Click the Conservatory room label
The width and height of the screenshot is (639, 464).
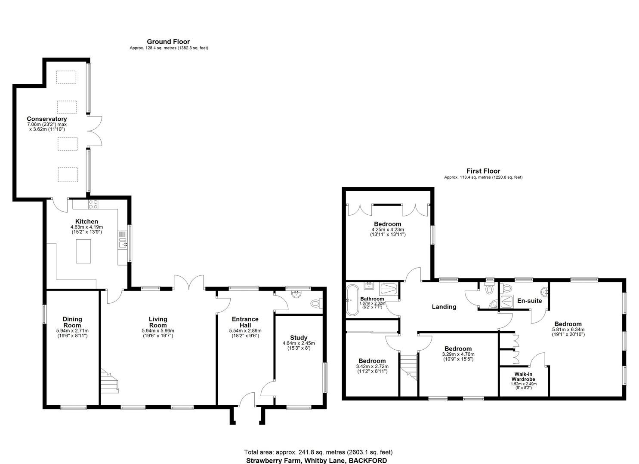point(46,119)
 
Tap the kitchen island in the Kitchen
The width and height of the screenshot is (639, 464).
point(84,251)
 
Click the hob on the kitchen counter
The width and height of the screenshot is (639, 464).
point(93,204)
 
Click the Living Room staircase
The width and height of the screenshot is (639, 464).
point(110,380)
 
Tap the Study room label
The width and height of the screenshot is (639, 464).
point(299,338)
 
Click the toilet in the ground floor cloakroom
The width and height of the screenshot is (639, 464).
point(316,303)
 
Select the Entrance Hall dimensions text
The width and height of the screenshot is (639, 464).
point(245,331)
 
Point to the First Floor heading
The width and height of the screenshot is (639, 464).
point(483,171)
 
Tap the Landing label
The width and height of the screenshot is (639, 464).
point(444,307)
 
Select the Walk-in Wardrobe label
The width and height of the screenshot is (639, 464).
point(524,377)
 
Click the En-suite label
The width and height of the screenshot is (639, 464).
point(529,301)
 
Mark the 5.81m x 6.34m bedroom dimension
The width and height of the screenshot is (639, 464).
point(568,330)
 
